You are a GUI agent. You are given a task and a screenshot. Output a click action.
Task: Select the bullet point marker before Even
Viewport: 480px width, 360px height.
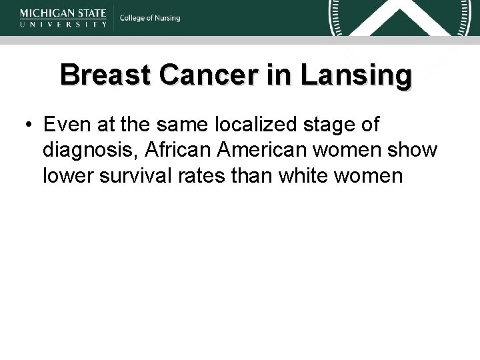29,125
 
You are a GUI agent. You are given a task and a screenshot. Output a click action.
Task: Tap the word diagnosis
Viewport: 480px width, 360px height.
90,150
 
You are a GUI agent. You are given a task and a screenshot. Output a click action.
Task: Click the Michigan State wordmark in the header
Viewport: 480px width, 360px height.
63,13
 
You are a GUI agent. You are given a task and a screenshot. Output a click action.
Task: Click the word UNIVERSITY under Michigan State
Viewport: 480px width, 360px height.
63,23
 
